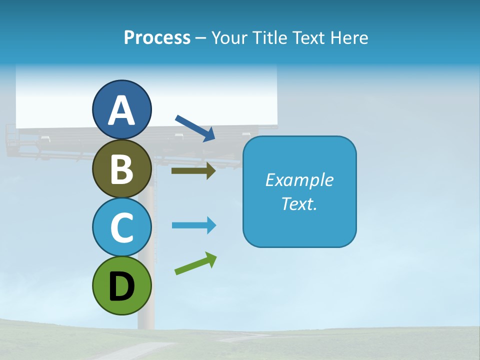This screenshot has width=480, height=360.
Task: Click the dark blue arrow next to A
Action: point(195,128)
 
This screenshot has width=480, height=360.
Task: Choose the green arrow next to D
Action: point(195,263)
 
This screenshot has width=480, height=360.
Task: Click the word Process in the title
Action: point(157,37)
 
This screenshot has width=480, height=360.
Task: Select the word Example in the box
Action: point(299,179)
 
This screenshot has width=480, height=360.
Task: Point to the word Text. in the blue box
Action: point(299,203)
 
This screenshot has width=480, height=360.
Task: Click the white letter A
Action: point(121,110)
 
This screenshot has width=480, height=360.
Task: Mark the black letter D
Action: point(122,287)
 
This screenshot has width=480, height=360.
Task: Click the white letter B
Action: point(122,169)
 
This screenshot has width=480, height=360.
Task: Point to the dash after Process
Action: point(200,38)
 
